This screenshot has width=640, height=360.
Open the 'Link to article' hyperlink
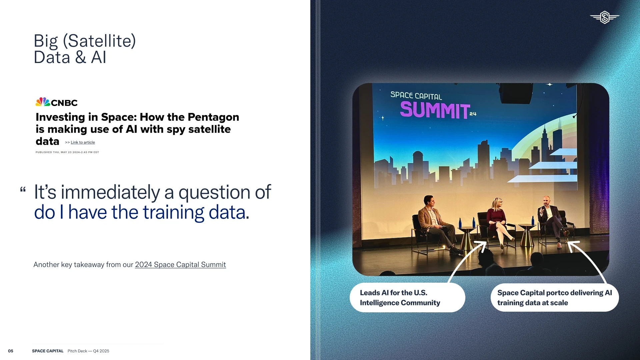83,142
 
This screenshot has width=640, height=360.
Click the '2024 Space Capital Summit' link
180,264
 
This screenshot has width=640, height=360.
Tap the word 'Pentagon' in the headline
213,117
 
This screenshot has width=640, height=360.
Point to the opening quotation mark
23,190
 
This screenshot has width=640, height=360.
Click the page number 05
11,351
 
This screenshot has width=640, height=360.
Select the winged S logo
605,17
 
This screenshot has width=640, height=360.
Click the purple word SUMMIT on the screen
435,110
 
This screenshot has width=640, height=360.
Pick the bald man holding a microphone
553,220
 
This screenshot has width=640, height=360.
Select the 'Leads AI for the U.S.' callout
407,297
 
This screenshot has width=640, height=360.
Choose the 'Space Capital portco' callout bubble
555,297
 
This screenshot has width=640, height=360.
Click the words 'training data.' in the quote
196,212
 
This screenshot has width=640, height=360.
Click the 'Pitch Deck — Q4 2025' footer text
88,351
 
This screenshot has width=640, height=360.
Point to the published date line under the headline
67,152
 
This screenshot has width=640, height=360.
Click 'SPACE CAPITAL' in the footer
48,351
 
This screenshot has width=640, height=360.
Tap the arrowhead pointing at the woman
481,246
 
